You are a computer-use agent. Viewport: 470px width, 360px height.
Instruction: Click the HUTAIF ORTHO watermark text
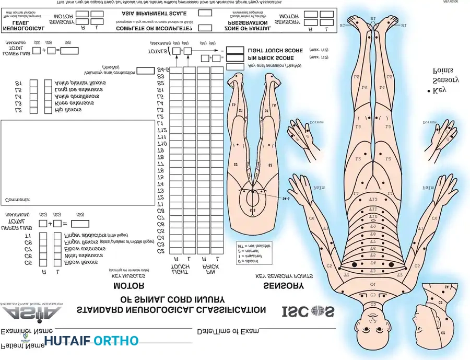[x=91, y=341]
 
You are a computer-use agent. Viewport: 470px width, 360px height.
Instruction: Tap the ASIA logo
[x=31, y=313]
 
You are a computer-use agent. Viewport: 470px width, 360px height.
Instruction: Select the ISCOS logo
[x=308, y=311]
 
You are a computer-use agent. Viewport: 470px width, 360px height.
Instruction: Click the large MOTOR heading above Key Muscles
[x=128, y=286]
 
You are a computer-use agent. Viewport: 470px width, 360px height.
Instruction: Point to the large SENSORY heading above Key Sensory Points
[x=284, y=286]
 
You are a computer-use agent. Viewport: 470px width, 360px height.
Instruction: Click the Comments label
[x=17, y=200]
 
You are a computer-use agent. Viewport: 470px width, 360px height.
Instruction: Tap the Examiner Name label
[x=27, y=331]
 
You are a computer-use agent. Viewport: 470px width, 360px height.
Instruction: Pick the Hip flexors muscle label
[x=68, y=110]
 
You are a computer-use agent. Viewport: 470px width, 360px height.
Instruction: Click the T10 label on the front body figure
[x=373, y=216]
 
